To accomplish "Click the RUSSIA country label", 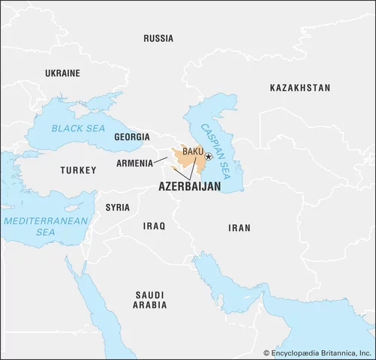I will (158, 38).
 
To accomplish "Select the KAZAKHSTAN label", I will (299, 88).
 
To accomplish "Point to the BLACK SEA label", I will (79, 129).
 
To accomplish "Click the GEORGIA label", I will (132, 137).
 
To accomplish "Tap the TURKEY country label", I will (78, 170).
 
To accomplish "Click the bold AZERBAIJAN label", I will (189, 187).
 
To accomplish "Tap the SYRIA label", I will (117, 206).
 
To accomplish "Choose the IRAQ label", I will (154, 224).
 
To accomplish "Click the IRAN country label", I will (239, 227).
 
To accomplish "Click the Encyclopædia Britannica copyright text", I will (323, 351).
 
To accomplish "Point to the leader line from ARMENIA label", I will (161, 160).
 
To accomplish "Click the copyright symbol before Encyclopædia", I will (266, 351).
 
